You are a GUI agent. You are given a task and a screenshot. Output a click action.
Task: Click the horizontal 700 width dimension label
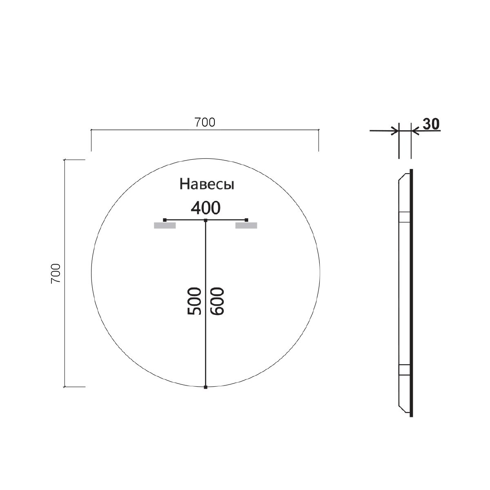[x=205, y=122]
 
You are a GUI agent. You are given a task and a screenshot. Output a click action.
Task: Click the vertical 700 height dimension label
[x=56, y=273]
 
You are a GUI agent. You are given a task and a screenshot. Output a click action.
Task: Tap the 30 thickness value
[x=431, y=124]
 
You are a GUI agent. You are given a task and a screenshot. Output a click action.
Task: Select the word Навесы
[x=207, y=185]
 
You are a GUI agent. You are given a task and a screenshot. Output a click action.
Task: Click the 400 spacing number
[x=206, y=208]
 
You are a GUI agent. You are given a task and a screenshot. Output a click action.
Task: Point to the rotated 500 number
[x=194, y=301]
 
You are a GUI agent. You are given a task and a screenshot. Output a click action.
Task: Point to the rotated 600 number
[x=217, y=301]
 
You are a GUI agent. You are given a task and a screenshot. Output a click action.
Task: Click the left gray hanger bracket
[x=165, y=225]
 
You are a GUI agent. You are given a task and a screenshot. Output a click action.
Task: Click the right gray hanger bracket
[x=247, y=225]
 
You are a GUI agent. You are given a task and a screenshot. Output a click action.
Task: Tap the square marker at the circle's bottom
[x=206, y=387]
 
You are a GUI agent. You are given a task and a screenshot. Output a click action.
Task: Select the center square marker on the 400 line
[x=206, y=220]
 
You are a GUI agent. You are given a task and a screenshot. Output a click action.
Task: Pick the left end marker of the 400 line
[x=165, y=220]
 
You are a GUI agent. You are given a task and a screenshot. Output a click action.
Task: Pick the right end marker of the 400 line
[x=246, y=220]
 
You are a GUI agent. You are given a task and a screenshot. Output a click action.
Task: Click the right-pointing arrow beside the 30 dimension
[x=394, y=131]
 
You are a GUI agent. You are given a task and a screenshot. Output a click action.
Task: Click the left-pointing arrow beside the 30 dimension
[x=415, y=131]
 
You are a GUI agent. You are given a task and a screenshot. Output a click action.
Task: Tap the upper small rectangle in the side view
[x=404, y=216]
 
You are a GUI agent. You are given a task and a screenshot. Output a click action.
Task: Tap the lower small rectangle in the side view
[x=404, y=370]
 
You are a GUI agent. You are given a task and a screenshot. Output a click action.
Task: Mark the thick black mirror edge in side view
[x=411, y=293]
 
